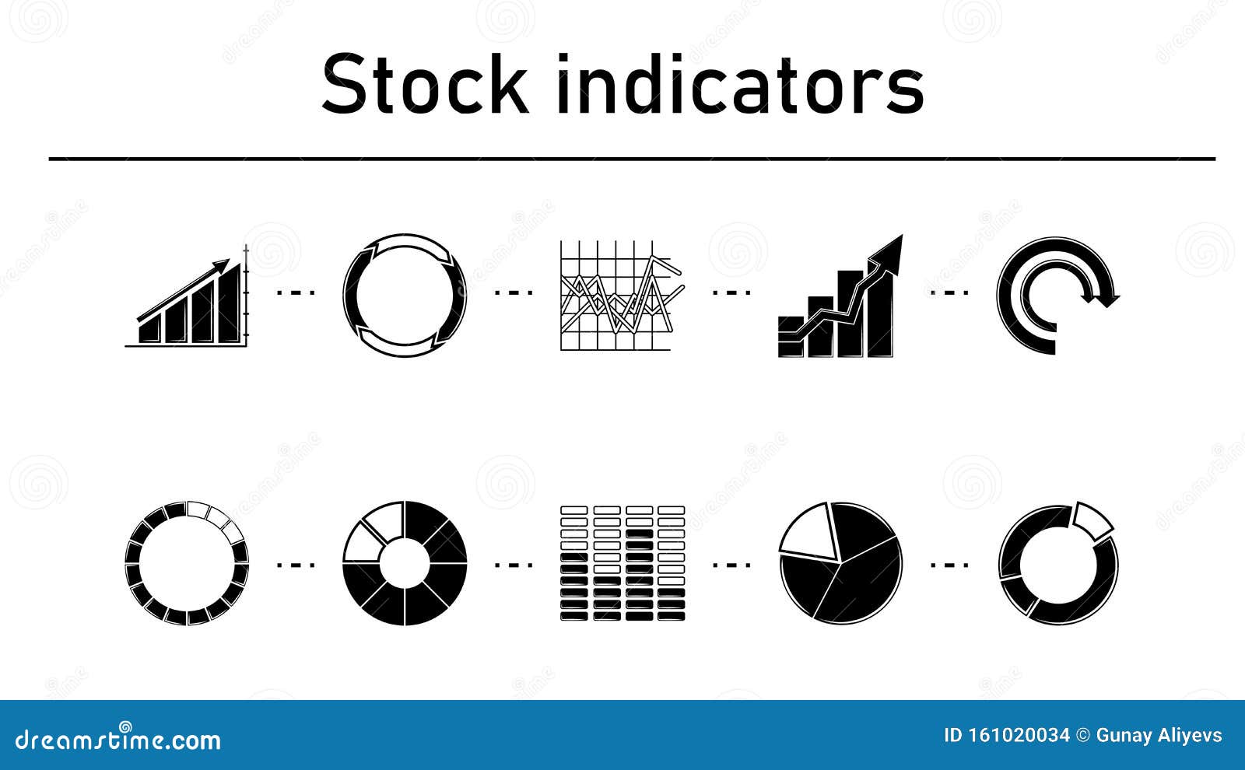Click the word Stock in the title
click(424, 84)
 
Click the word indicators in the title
click(740, 84)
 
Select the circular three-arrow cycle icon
click(405, 296)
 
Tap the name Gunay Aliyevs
click(1159, 736)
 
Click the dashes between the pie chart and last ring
click(949, 564)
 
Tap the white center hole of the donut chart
click(405, 563)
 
